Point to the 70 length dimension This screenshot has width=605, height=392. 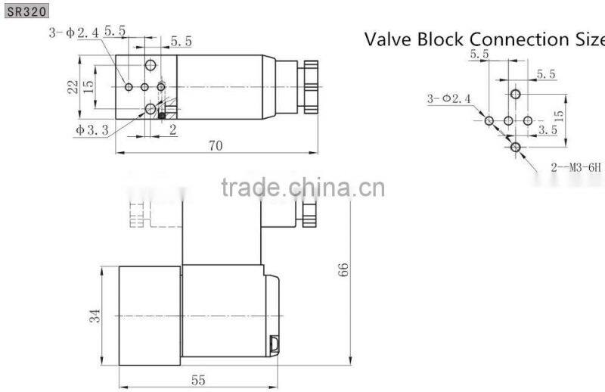[x=216, y=146]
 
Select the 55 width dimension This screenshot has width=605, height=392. [x=198, y=380]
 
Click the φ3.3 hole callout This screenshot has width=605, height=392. [x=92, y=130]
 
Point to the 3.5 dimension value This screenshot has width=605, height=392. [x=548, y=130]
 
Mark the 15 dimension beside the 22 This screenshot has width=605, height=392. [x=89, y=87]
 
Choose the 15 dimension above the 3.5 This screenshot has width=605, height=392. [x=559, y=116]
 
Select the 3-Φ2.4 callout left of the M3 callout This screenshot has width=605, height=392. [x=448, y=99]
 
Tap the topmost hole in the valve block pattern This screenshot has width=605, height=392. [x=515, y=95]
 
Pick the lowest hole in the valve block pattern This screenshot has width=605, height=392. [x=515, y=147]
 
